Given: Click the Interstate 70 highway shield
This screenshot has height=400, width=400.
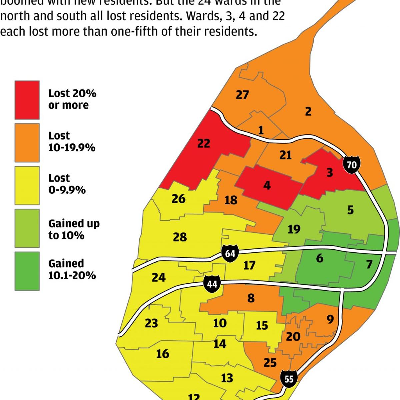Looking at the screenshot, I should [351, 165].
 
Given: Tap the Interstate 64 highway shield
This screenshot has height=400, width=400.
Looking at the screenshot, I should [230, 254].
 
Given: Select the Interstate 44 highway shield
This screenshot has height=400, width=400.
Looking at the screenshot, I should [212, 284].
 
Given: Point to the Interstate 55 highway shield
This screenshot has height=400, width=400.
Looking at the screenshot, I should [289, 379].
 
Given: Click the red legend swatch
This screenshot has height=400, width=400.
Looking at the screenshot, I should [27, 100].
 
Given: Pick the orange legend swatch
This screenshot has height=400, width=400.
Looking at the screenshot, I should [27, 142].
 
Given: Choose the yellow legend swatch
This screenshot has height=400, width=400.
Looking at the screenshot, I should [27, 185].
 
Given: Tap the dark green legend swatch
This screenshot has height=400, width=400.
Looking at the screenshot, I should [27, 271].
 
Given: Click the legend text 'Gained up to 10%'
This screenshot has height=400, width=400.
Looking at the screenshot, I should [74, 229].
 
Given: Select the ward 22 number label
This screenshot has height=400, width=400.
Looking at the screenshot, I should [204, 143].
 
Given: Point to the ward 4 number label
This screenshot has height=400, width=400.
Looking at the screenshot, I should [267, 185].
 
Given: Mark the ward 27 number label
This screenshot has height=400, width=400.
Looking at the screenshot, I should [242, 95].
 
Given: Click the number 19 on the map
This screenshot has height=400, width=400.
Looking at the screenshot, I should [294, 229].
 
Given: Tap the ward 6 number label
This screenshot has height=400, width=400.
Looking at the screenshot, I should [319, 258].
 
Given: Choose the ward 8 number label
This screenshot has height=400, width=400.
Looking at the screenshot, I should [251, 298].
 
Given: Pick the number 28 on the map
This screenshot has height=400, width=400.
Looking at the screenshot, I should [180, 237].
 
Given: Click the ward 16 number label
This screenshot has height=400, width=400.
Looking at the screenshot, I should [162, 354].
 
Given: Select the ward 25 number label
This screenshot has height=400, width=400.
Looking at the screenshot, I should [270, 362].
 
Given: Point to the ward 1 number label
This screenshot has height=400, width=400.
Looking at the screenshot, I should [261, 130].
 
